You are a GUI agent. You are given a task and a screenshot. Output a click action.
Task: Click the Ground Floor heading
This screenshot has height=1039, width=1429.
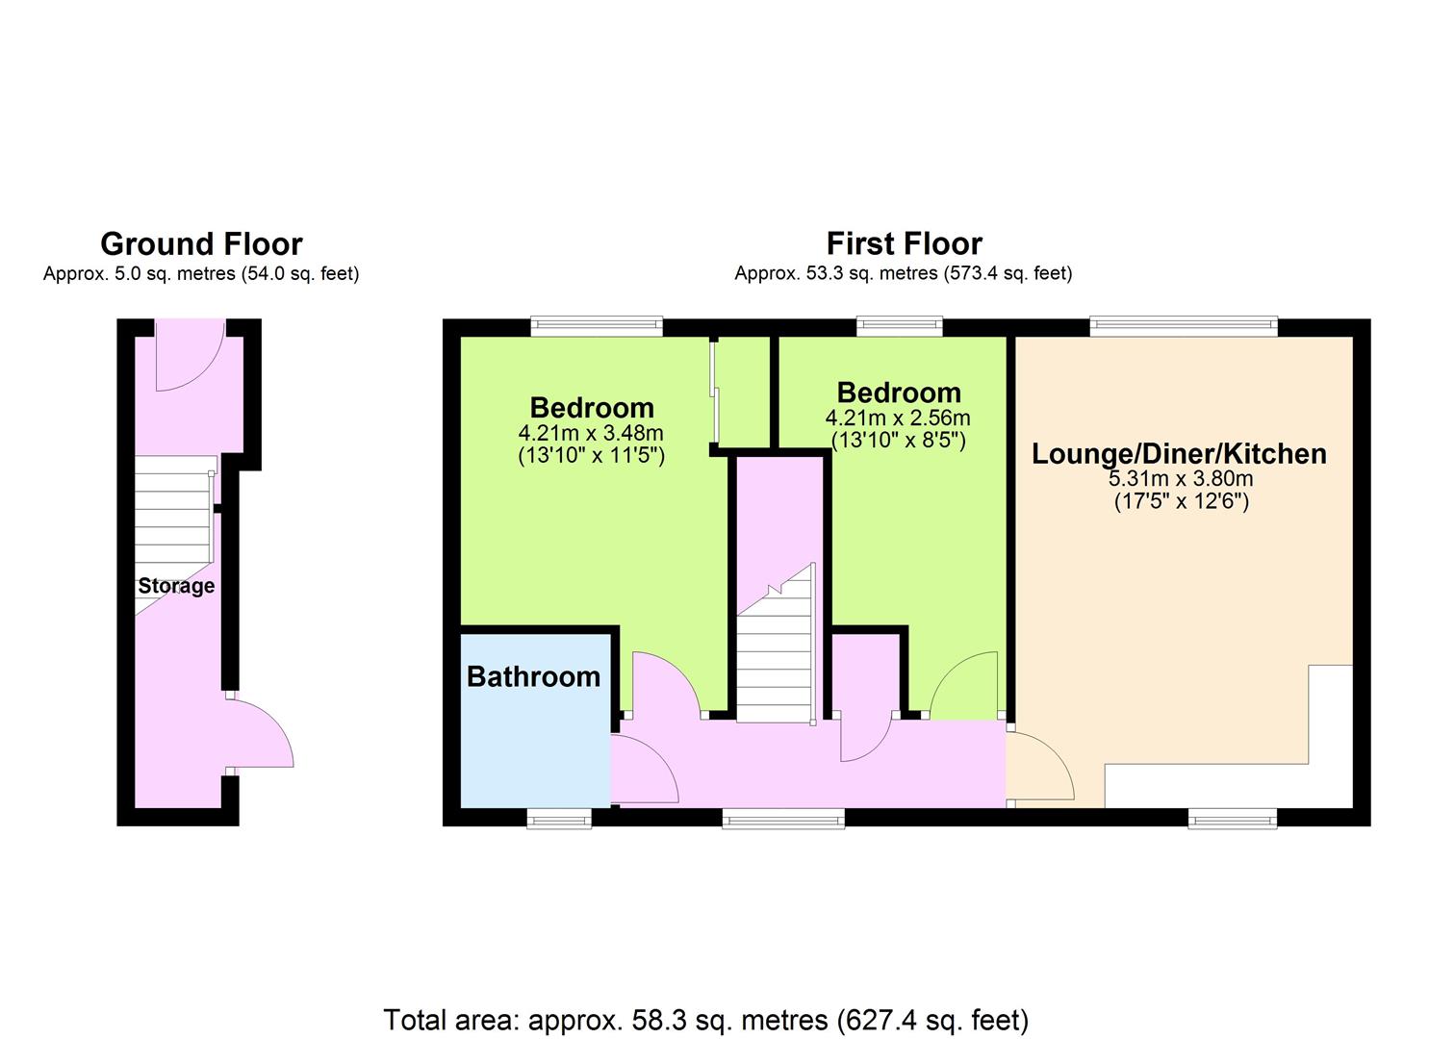point(201,244)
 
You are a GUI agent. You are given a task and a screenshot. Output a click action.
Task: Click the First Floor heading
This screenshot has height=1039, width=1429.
point(904,243)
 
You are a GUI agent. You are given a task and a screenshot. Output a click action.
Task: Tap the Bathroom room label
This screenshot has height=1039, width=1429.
point(533,676)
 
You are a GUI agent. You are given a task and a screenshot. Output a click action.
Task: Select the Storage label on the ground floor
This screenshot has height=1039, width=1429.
point(176,586)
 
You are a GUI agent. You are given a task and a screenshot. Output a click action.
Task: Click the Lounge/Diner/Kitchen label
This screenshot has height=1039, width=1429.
point(1179,454)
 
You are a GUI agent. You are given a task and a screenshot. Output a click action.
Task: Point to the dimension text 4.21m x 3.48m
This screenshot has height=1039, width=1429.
point(591,433)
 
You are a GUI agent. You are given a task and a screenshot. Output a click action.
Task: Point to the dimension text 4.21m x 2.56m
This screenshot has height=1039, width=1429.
point(898,418)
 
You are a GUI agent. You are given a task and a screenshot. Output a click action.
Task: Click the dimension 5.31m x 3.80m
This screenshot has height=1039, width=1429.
point(1181,478)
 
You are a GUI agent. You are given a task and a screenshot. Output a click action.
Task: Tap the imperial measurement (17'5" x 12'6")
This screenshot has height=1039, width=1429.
point(1182,501)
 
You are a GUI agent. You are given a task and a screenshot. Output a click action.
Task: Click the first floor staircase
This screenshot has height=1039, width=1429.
point(777,645)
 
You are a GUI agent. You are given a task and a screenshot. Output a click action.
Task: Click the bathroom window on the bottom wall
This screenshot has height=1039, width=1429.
point(559,819)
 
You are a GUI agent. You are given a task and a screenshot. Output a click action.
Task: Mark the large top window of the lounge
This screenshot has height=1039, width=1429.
point(1184,326)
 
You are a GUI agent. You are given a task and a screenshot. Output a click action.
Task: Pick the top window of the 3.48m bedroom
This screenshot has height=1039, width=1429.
point(597,326)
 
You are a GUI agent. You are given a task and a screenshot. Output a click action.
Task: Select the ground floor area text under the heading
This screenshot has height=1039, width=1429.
point(201,273)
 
